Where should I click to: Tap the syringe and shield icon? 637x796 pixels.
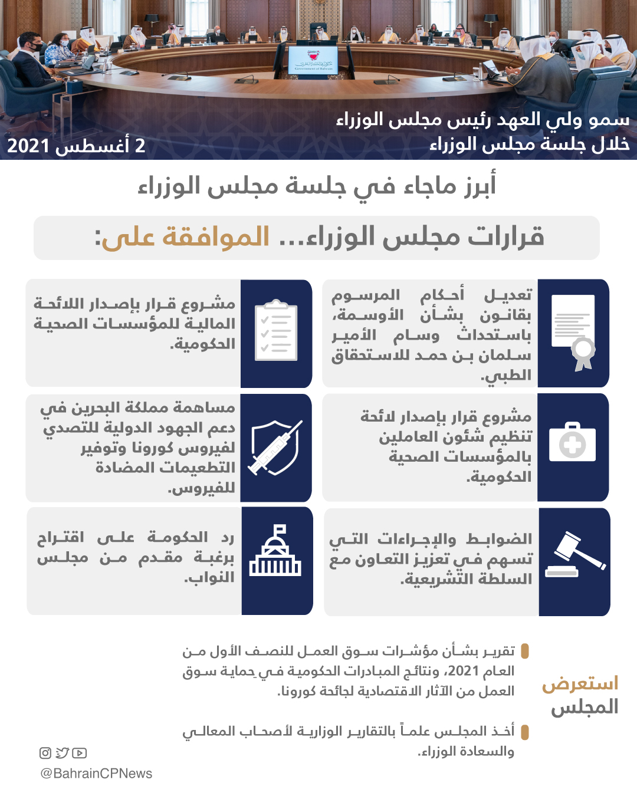275,448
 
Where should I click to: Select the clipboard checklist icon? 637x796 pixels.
275,331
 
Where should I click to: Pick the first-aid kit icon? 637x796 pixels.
572,442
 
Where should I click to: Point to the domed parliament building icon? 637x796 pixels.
275,552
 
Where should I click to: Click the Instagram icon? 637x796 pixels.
45,753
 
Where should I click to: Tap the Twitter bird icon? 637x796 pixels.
62,753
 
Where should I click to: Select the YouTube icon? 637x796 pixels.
79,753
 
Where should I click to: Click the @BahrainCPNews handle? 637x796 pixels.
96,774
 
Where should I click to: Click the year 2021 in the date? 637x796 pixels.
28,146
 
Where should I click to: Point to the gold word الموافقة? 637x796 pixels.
216,237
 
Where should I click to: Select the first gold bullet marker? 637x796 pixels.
525,652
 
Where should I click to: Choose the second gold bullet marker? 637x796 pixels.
525,732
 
